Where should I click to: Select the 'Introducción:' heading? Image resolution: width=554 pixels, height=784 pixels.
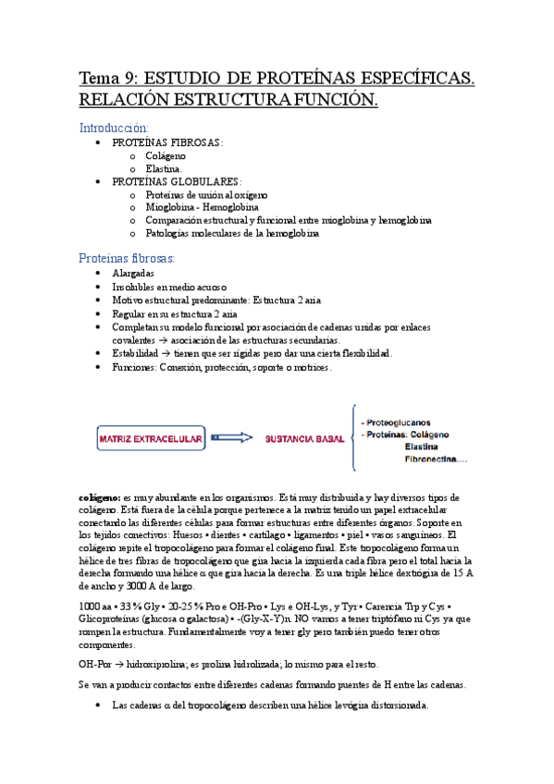tap(114, 127)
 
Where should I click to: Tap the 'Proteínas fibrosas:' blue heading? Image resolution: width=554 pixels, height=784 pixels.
tap(127, 258)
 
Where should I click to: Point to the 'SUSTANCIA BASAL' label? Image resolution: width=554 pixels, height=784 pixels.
tap(298, 438)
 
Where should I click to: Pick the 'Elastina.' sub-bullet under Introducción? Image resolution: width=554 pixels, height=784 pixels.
tap(164, 169)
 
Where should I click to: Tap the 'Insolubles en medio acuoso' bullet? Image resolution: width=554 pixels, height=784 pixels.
tap(169, 288)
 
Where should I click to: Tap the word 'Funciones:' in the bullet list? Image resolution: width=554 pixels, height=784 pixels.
tap(136, 367)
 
